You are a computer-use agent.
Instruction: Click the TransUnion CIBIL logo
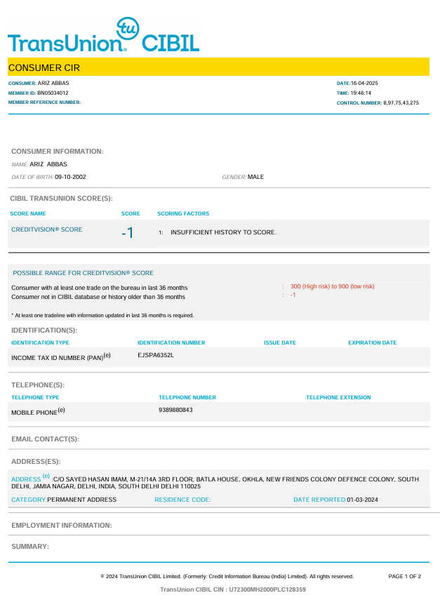tap(104, 36)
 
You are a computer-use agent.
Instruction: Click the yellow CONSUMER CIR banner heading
tap(44, 68)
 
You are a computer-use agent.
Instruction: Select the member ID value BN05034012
tap(53, 93)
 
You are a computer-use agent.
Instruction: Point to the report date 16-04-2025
tap(364, 83)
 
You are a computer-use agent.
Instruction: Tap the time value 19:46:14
tap(361, 93)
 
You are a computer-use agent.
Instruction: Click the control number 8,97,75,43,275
tap(401, 102)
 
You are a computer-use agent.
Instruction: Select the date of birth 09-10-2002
tap(71, 177)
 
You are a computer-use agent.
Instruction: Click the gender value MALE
tap(256, 177)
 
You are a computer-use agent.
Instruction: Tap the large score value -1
tap(127, 233)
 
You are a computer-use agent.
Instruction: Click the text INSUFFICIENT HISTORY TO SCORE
tap(224, 232)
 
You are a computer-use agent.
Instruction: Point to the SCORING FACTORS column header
tap(183, 213)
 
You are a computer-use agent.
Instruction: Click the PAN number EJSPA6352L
tap(156, 355)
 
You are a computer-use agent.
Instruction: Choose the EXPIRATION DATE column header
tap(372, 342)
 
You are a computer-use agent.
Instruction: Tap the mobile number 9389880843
tap(176, 410)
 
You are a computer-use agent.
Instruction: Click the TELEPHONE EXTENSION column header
tap(338, 397)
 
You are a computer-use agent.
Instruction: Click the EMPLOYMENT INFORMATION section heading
tap(62, 526)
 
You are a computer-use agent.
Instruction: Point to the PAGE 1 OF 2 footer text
tap(404, 576)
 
